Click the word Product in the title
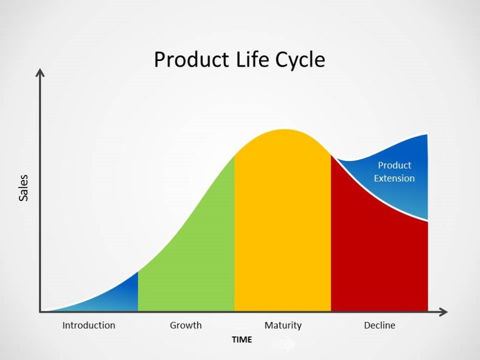click(188, 60)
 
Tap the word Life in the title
click(249, 60)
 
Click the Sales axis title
click(24, 188)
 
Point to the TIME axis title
click(242, 339)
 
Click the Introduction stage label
click(89, 325)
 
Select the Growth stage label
click(186, 325)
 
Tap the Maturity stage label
click(283, 325)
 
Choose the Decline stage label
click(379, 325)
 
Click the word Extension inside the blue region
click(394, 178)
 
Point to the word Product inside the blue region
click(394, 165)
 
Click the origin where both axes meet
click(40, 312)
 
